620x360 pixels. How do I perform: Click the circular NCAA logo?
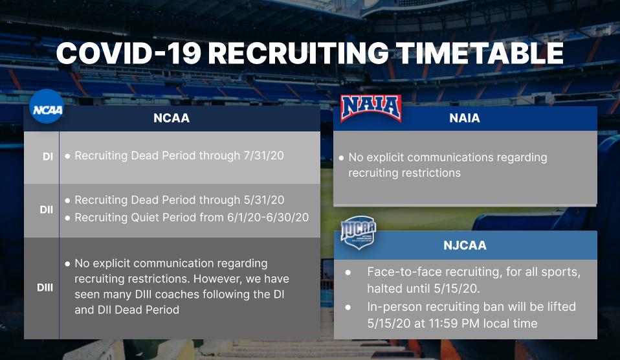point(47,106)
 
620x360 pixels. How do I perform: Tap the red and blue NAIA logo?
point(371,107)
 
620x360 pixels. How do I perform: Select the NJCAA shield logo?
point(359,232)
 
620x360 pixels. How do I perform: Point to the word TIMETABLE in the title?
point(479,53)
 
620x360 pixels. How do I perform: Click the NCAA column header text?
point(172,118)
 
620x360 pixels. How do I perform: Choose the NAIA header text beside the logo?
point(465,118)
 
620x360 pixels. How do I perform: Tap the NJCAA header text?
point(465,245)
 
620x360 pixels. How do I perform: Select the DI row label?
point(48,157)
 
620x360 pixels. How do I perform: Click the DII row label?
point(46,210)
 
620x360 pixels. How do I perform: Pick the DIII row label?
point(45,287)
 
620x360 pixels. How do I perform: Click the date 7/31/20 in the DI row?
point(264,155)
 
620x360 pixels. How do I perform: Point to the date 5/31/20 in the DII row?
point(264,200)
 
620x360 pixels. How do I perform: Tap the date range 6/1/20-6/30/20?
point(268,217)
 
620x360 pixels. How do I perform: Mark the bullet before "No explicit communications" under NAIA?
point(341,158)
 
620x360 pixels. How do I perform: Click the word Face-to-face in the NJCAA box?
point(402,272)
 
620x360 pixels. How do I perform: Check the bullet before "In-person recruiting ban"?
point(348,307)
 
